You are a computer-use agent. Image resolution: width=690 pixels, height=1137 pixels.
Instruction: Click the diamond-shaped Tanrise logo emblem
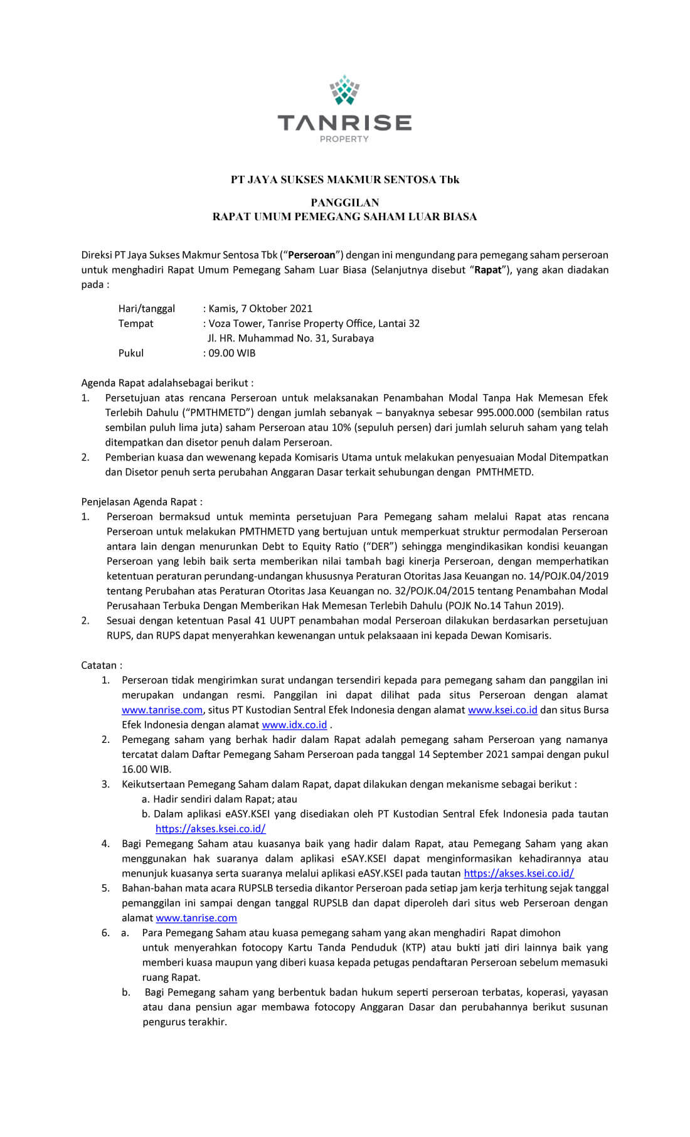click(344, 90)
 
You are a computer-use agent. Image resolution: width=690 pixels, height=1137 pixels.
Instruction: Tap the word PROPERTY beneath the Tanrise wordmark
click(344, 139)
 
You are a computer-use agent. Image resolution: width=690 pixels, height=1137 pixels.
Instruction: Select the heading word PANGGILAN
click(344, 203)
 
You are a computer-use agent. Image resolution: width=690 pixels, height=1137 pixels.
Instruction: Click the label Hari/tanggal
click(147, 309)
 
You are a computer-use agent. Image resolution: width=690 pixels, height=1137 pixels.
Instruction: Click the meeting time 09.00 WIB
click(232, 353)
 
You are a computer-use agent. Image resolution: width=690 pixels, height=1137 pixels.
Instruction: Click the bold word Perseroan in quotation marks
click(312, 255)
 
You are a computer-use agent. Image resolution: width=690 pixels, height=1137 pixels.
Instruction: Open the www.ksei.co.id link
click(502, 710)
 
